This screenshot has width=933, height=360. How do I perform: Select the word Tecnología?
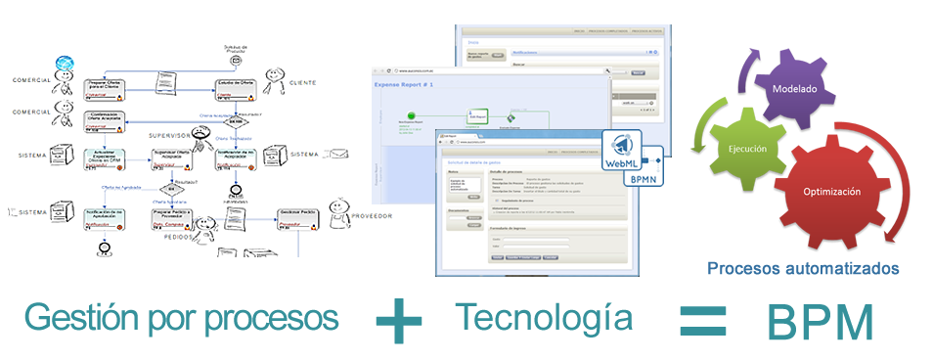[543, 317]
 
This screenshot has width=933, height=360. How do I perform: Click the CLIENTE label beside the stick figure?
[302, 84]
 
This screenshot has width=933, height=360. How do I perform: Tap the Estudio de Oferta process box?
[235, 86]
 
